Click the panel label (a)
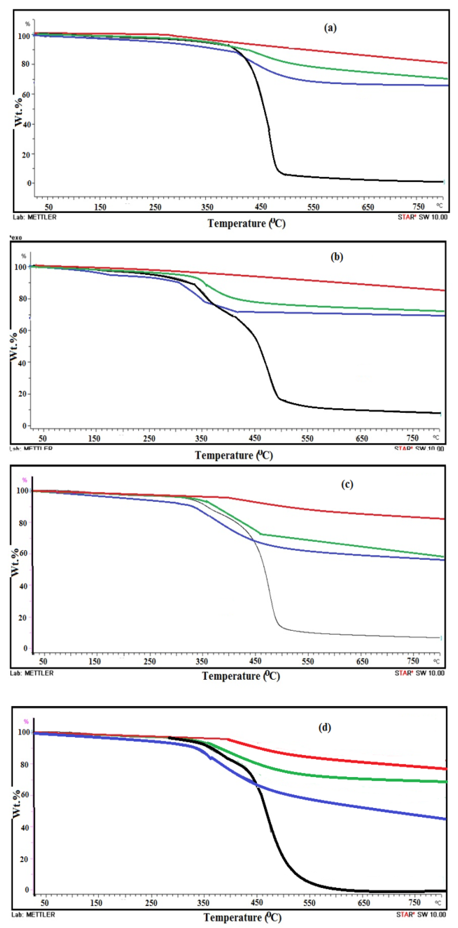pos(330,28)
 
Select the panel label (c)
pos(347,485)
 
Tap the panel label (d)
pos(325,727)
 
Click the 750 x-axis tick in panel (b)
pos(412,438)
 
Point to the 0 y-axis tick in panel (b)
pos(25,426)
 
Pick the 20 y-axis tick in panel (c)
pos(23,618)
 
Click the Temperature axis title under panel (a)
pos(246,223)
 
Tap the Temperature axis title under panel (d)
pos(242,917)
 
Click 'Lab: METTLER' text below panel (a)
pos(34,217)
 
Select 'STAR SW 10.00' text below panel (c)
pos(419,673)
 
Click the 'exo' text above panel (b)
pos(16,237)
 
